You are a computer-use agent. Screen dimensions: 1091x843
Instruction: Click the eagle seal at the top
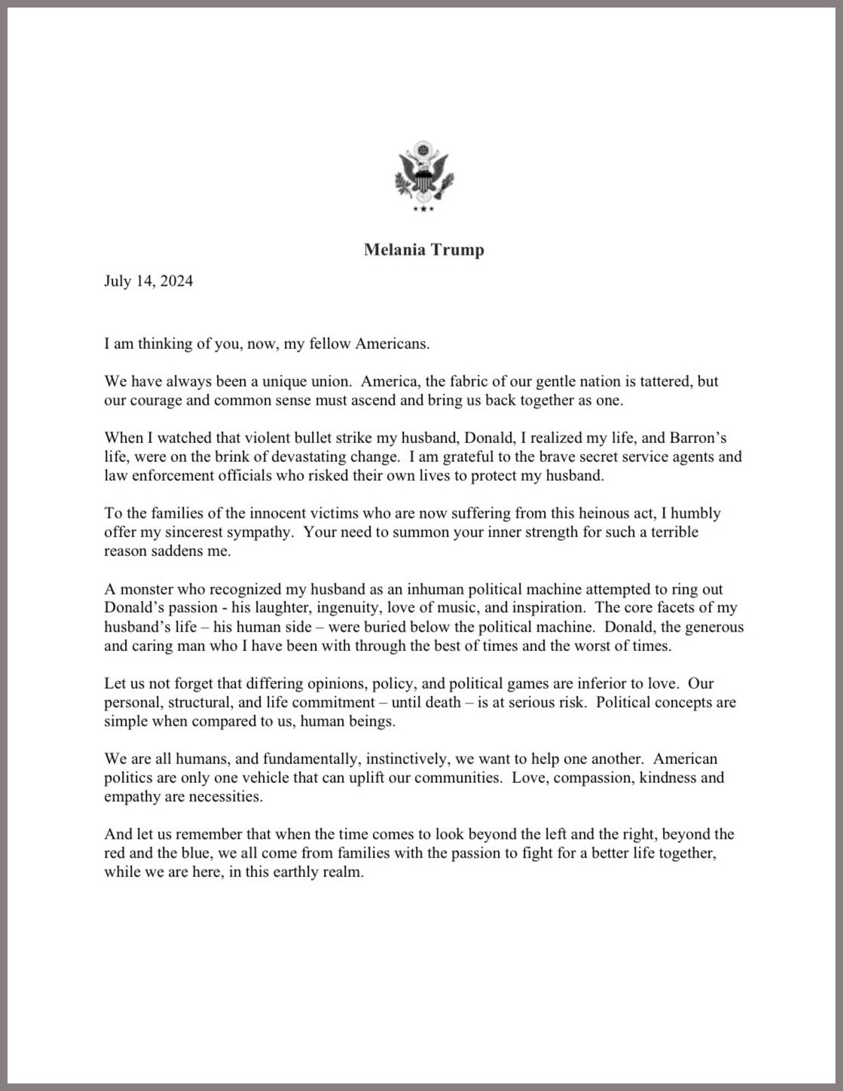423,176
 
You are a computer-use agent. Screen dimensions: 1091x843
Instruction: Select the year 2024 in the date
176,281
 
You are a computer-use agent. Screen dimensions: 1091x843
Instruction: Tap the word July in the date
118,281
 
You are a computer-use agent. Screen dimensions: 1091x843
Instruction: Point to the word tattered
667,381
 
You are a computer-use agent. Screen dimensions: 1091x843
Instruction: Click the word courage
156,400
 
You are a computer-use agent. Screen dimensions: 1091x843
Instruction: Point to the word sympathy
244,532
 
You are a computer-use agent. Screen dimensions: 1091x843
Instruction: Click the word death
441,702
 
